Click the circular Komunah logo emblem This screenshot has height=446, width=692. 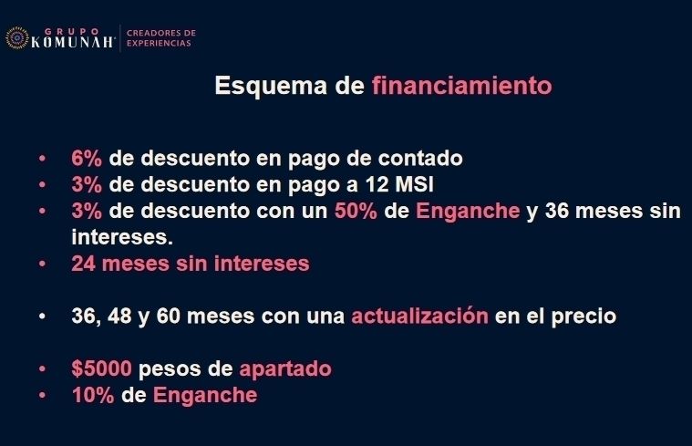[x=16, y=37]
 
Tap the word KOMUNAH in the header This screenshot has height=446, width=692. [x=72, y=42]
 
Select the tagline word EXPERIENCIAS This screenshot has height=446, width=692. [x=159, y=43]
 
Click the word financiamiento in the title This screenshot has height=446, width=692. [x=462, y=85]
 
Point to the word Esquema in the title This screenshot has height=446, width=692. [x=271, y=86]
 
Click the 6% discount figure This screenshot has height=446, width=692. [x=87, y=158]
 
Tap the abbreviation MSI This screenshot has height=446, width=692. [x=415, y=184]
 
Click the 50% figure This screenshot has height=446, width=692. [x=356, y=211]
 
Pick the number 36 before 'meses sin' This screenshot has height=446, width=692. [x=556, y=211]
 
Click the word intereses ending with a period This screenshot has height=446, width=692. [x=122, y=237]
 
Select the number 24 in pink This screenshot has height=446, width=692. [x=83, y=264]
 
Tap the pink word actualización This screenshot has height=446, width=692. [x=419, y=316]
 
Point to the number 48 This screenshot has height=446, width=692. [x=119, y=316]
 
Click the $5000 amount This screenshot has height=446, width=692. [x=101, y=368]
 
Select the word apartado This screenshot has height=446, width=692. [x=285, y=369]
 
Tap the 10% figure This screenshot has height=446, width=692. [x=93, y=395]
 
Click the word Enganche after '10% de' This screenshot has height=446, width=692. [x=205, y=395]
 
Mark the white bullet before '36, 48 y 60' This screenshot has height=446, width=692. [x=42, y=316]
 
